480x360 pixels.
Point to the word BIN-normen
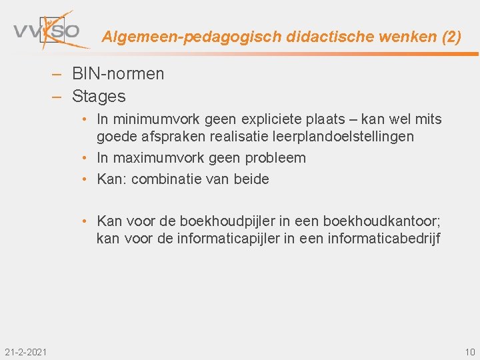tap(118, 74)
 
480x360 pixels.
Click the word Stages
tap(99, 97)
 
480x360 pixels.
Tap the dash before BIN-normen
tap(58, 74)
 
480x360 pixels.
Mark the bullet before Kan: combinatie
tap(87, 179)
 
